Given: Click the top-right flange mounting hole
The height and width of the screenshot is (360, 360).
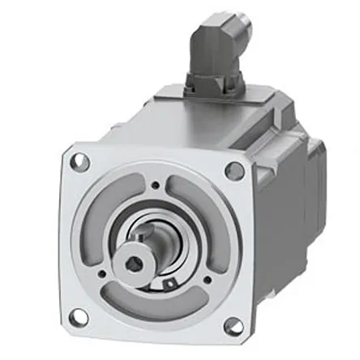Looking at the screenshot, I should [x=235, y=169].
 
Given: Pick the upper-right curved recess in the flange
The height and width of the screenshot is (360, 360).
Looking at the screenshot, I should [x=199, y=202].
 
